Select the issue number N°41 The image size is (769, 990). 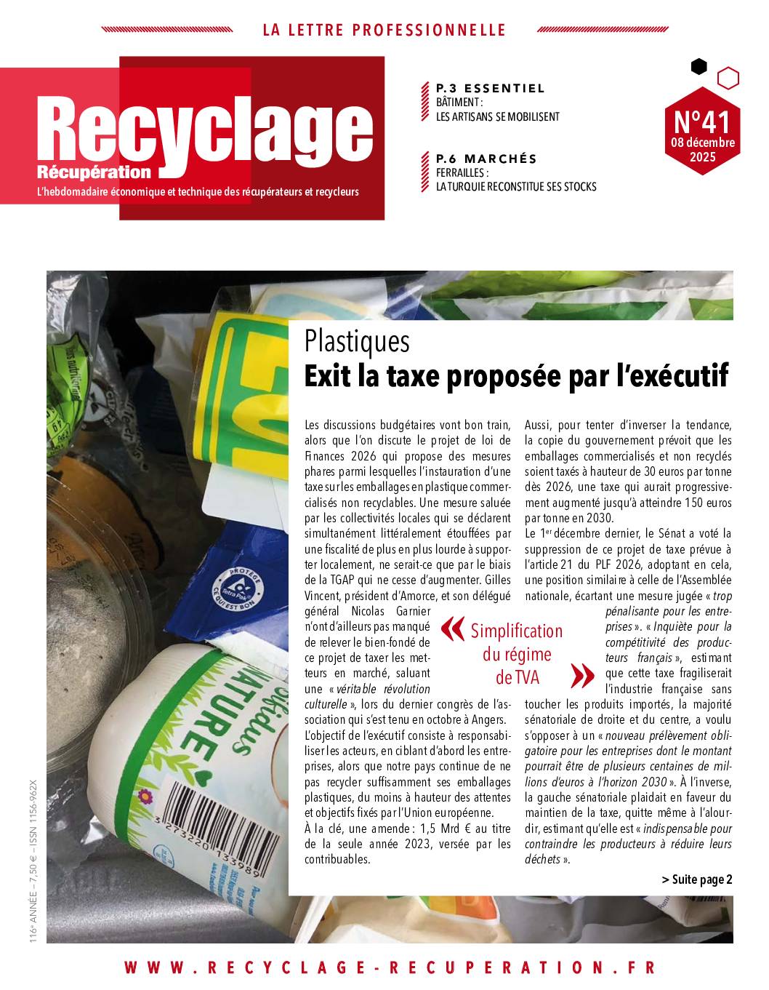click(x=701, y=118)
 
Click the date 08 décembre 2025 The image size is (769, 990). click(x=702, y=149)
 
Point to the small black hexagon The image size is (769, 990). click(x=698, y=67)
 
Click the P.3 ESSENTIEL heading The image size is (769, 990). click(x=490, y=89)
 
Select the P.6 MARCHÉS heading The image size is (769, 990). click(x=486, y=159)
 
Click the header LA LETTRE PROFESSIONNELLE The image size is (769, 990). click(x=384, y=31)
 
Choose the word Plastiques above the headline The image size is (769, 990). click(x=357, y=341)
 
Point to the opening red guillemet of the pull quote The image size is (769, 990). click(x=452, y=630)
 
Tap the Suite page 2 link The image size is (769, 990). click(x=697, y=879)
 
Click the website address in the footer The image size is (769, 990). click(x=390, y=968)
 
